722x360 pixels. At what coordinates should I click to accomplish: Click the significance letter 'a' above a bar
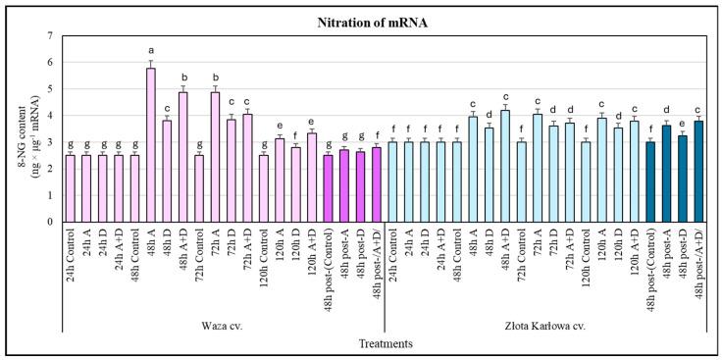click(x=150, y=50)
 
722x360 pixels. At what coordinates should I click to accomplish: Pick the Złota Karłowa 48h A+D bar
click(x=505, y=166)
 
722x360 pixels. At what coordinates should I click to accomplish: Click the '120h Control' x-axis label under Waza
click(x=263, y=257)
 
